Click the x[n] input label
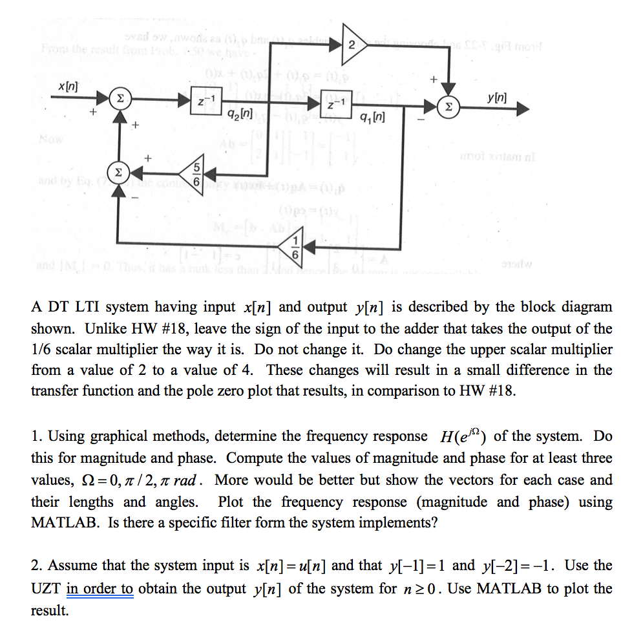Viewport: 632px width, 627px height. tap(65, 86)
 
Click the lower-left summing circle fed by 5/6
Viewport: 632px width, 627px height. tap(118, 173)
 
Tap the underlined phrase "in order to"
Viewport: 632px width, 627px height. tap(100, 588)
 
